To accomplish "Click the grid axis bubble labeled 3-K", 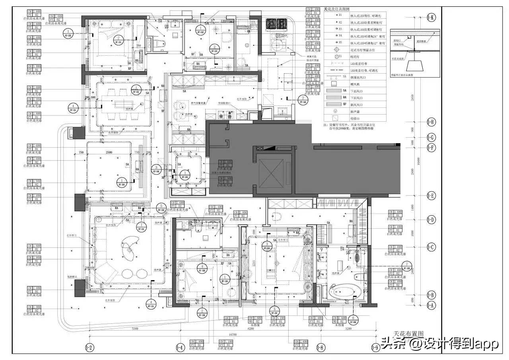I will coord(431,18).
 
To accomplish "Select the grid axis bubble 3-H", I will coord(431,122).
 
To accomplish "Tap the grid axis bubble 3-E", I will coord(431,195).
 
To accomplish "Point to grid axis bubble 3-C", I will coord(431,247).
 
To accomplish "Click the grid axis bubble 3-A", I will coord(431,306).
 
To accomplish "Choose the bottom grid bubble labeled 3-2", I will coord(90,348).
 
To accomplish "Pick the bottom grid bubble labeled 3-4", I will coord(180,348).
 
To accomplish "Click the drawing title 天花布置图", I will coord(407,334).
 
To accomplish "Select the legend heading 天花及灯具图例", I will coord(337,9).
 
